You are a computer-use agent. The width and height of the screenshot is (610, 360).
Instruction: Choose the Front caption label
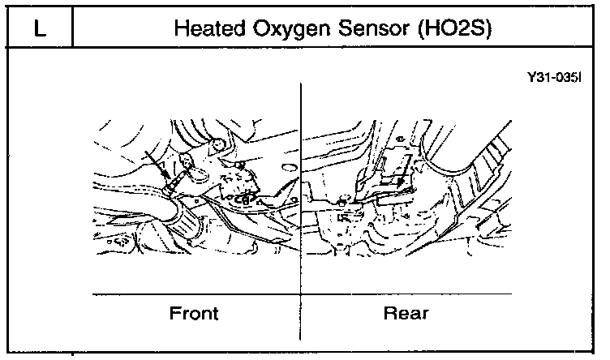(195, 312)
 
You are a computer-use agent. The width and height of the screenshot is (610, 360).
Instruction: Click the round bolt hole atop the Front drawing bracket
(217, 147)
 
